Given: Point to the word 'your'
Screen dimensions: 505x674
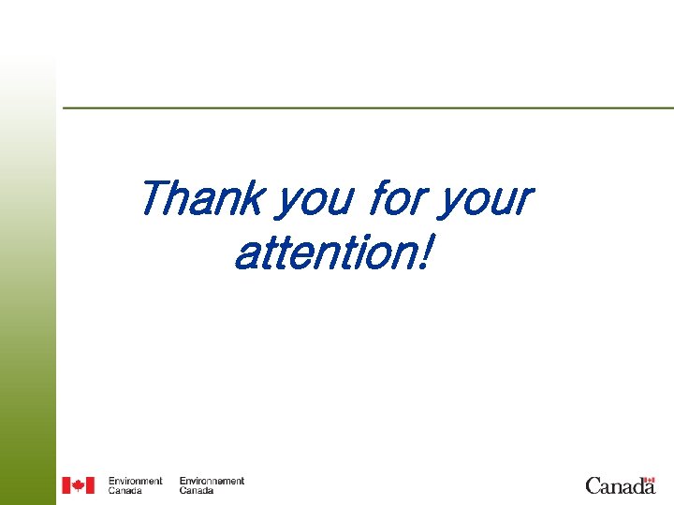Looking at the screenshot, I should pos(484,200).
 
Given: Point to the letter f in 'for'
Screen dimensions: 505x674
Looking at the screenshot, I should pos(378,196).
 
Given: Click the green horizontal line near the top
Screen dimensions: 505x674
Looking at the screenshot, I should pos(365,108).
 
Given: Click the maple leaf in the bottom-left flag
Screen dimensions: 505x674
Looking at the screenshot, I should pos(79,485).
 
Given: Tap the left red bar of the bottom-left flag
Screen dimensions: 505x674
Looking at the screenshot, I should pos(66,485).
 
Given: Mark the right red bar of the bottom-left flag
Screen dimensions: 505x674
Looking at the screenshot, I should pos(91,485).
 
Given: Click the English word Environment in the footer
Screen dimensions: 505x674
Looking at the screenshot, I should pos(135,481).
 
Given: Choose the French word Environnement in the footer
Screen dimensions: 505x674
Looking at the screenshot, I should pos(212,481).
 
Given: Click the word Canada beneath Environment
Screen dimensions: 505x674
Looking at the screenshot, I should pos(125,490).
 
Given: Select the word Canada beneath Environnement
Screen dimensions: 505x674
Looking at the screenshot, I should pos(196,490).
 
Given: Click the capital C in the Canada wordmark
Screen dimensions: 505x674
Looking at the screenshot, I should pos(593,485).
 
